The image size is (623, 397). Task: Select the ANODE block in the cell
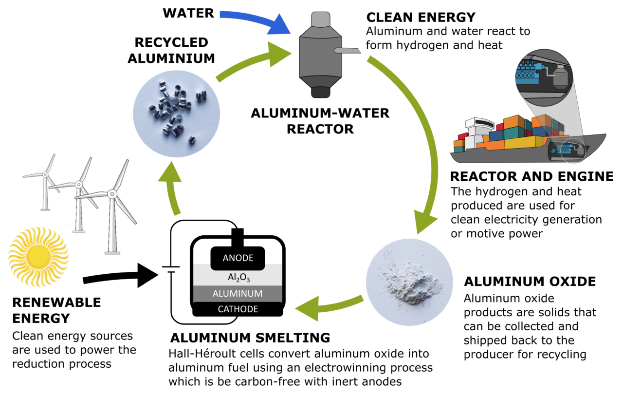(238, 258)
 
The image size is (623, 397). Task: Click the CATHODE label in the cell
(238, 309)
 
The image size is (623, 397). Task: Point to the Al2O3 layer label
(238, 277)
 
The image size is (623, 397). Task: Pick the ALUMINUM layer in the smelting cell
(238, 294)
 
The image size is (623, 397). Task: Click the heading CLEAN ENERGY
(421, 18)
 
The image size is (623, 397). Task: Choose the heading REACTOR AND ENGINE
(531, 176)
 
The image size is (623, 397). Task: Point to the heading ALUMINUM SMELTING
(250, 338)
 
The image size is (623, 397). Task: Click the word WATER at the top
(188, 13)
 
